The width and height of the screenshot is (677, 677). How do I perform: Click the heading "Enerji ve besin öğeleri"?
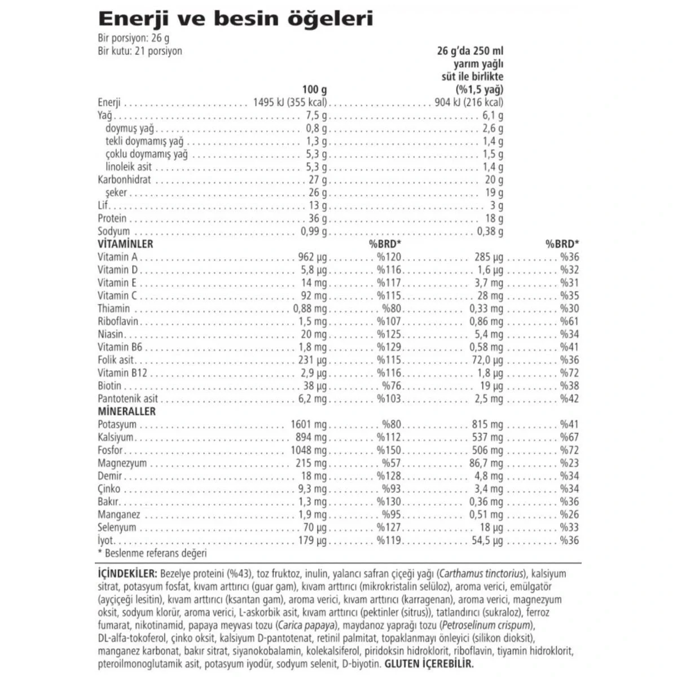(235, 19)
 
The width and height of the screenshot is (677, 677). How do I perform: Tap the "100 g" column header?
(314, 89)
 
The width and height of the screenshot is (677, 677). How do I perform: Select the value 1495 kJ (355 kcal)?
(291, 102)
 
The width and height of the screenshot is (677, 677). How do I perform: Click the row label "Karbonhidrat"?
(124, 179)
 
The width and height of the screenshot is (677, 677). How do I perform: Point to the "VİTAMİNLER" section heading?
(125, 244)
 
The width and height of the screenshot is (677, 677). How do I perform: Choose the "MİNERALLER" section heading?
(126, 411)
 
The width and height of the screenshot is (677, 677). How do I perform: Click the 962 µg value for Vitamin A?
(312, 257)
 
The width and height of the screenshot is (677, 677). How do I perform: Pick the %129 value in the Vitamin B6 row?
(389, 347)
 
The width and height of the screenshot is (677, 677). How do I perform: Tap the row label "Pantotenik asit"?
(128, 398)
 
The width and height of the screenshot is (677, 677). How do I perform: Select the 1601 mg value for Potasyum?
(309, 424)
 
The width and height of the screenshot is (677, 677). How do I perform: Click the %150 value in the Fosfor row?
(389, 450)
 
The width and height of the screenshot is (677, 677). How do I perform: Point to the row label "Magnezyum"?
(122, 463)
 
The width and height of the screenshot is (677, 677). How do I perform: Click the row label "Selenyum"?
(117, 527)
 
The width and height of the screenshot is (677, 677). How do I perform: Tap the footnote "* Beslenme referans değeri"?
(152, 553)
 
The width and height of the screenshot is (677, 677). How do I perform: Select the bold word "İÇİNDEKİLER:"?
(128, 574)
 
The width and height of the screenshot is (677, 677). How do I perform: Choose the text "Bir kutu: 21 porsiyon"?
(140, 51)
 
